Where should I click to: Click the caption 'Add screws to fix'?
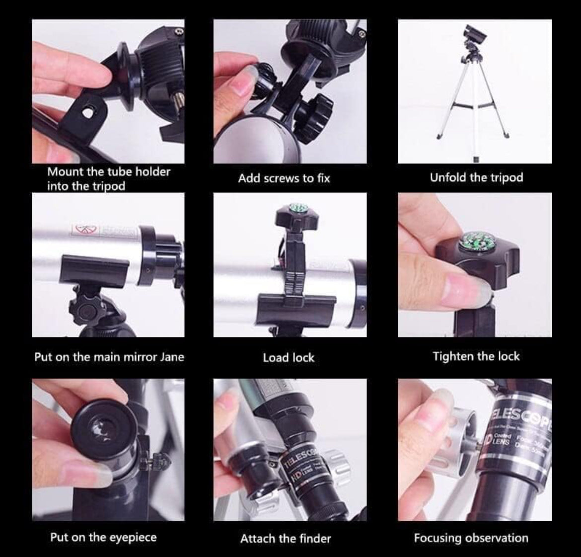pos(284,178)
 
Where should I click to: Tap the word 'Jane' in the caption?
pos(172,357)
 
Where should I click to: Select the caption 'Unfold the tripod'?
pos(476,177)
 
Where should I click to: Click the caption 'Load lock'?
pos(289,357)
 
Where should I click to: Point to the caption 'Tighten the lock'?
pos(476,356)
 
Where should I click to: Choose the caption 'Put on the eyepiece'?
pos(103,537)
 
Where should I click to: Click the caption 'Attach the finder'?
pos(285,538)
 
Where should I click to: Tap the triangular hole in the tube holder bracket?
pos(88,113)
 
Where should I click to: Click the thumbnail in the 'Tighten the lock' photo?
pos(467,289)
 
